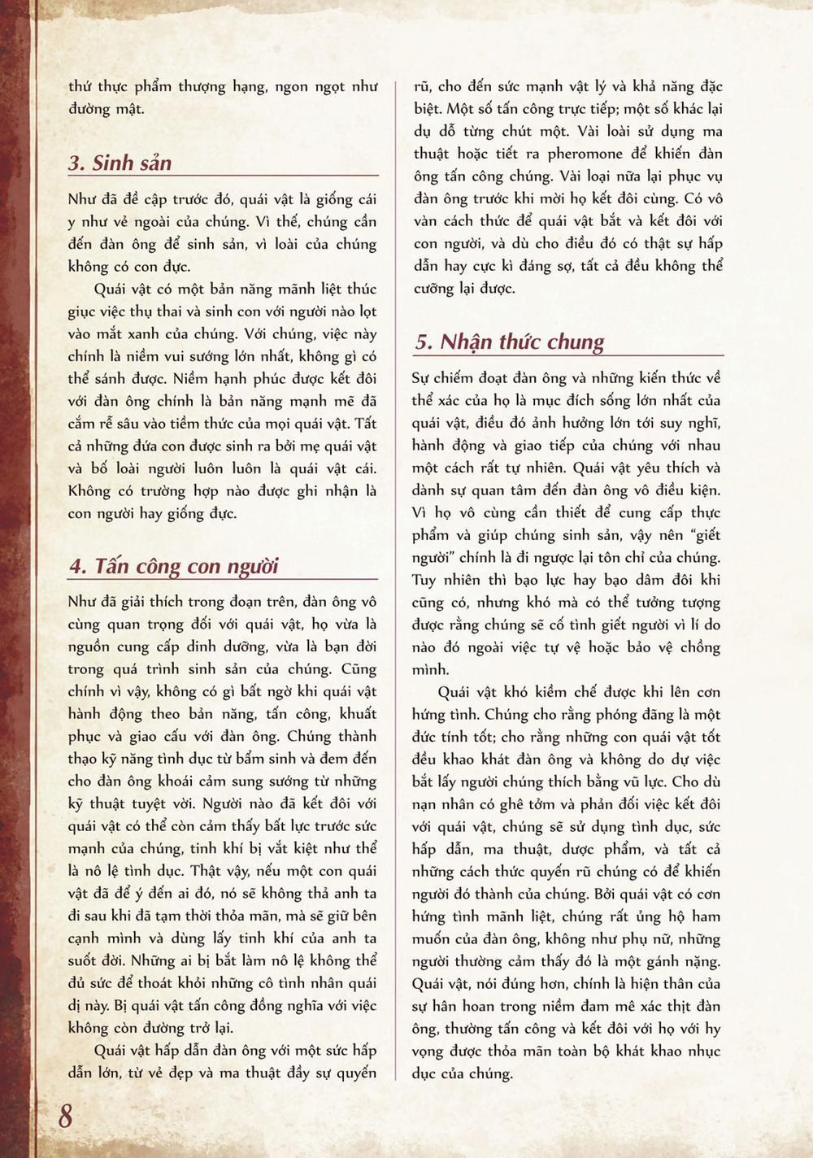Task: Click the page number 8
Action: pos(65,1115)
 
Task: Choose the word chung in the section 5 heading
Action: pos(576,342)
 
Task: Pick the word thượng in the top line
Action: pos(202,86)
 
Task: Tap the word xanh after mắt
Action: pos(168,333)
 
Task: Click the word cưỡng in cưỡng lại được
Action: pos(434,289)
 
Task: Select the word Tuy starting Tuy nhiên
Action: pos(424,580)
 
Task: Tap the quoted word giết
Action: pos(703,535)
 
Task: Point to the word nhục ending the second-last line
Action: pos(703,1051)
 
